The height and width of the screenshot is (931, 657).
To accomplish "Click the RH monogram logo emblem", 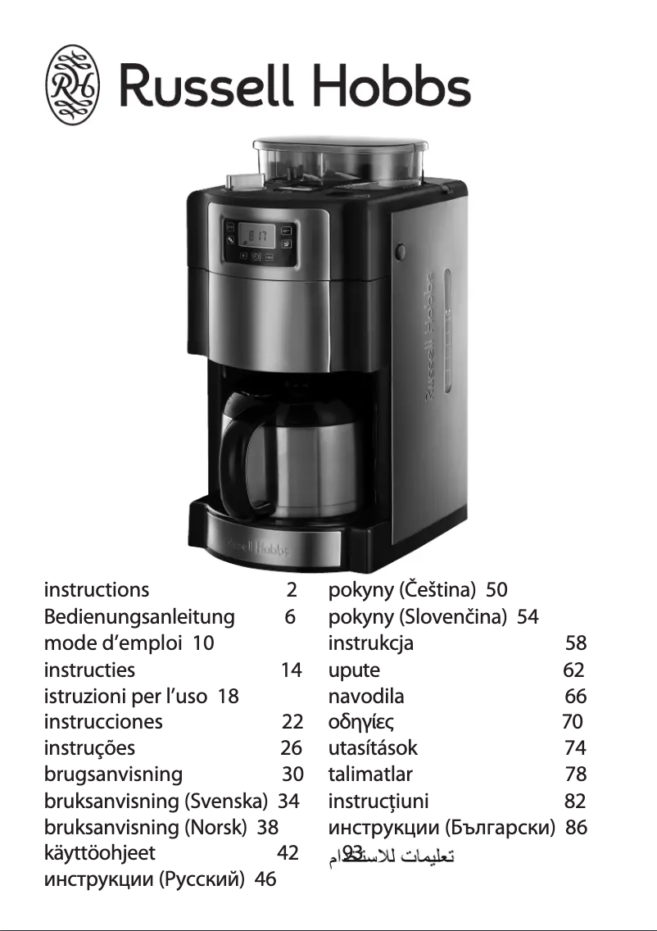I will (x=72, y=85).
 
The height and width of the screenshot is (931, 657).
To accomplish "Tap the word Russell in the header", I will (x=205, y=86).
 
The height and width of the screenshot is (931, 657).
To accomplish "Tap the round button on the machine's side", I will (x=401, y=252).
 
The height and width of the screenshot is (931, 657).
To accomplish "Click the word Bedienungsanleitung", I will (x=139, y=616).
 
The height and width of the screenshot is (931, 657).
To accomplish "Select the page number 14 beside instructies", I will (x=291, y=670).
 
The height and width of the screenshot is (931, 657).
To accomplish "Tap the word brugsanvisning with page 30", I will (x=113, y=774).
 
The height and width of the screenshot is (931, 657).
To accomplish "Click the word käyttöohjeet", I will (x=99, y=853).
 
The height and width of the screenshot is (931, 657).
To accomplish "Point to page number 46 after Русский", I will (x=265, y=880).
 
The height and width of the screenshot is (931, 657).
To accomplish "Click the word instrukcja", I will (x=370, y=643).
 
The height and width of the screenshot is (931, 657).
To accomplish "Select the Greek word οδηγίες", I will (x=362, y=722).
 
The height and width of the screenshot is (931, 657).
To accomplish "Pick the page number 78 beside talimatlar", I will (x=575, y=774).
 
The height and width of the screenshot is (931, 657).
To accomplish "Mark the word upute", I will (x=354, y=670).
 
